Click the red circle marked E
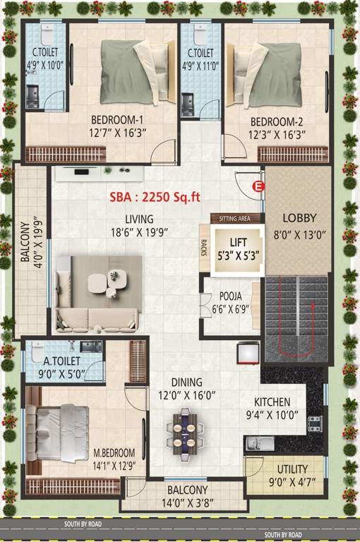click(258, 186)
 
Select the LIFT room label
click(238, 241)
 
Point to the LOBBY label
click(299, 217)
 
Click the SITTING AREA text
click(235, 219)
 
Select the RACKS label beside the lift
click(204, 245)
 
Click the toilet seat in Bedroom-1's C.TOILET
click(46, 33)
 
